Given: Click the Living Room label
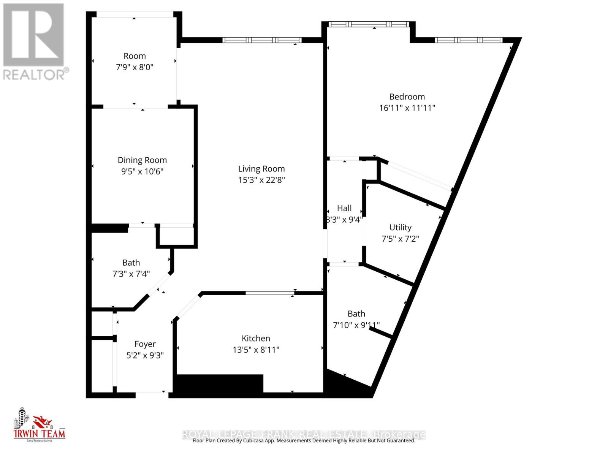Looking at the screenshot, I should coord(261,169).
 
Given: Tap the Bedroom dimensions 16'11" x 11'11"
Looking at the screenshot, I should coord(407,108).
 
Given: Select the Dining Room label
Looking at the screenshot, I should coord(142,160).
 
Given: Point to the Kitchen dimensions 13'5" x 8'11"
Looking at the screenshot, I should coord(256,350).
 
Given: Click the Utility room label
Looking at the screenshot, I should coord(400,227).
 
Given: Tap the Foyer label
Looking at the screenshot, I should coord(145,344).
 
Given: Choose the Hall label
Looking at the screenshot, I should coord(344,208).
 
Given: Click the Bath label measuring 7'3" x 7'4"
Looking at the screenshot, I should coord(131,263).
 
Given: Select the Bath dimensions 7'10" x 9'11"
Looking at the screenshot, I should coord(356,325).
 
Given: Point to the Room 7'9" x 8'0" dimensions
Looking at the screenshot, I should coord(135,67).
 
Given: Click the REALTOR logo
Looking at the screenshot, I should coord(34,42).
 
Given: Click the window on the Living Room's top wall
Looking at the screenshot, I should coord(262,40).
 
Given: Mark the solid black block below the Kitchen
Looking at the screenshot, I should coord(220,384).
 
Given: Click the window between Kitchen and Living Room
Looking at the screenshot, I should coord(270,293).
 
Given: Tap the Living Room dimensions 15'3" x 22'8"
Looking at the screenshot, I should coord(261,180).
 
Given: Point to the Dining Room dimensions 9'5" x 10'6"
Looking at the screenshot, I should coord(142,171).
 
